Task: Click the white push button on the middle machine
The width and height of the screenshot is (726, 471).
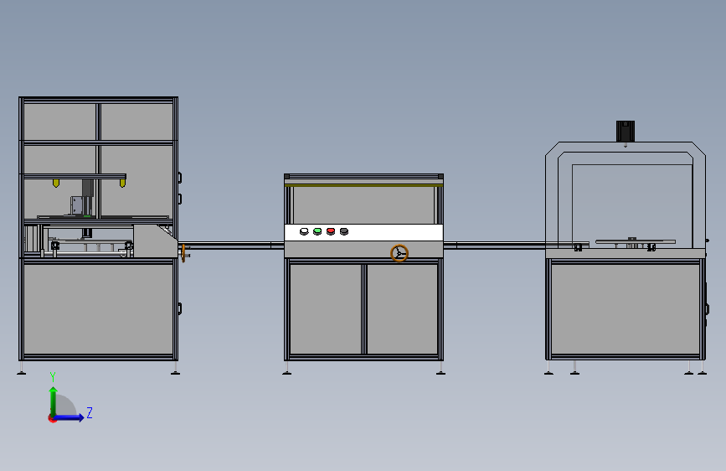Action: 304,231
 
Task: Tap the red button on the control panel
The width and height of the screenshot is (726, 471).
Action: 331,231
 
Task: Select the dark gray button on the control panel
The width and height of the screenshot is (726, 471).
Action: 344,231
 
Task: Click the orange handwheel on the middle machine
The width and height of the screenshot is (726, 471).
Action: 399,253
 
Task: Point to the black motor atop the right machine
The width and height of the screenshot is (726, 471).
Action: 626,132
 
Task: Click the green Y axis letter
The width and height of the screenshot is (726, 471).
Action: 53,376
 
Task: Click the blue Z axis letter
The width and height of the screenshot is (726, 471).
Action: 89,413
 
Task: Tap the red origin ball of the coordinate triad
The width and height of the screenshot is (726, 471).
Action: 53,418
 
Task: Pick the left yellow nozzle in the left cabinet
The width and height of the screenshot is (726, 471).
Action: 56,182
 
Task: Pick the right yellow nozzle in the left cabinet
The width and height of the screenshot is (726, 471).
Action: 123,182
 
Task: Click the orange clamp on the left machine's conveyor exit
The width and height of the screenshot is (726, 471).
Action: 183,253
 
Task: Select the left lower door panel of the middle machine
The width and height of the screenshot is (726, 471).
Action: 325,308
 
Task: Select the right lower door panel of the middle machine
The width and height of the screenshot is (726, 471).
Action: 403,308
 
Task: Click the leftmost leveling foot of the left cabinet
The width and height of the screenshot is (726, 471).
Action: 22,370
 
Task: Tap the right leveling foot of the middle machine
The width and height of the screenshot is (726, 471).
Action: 440,370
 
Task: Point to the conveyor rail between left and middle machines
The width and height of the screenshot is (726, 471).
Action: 230,245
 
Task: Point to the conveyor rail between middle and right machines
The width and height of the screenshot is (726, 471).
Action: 494,246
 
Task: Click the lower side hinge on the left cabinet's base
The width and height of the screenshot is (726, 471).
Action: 179,308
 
